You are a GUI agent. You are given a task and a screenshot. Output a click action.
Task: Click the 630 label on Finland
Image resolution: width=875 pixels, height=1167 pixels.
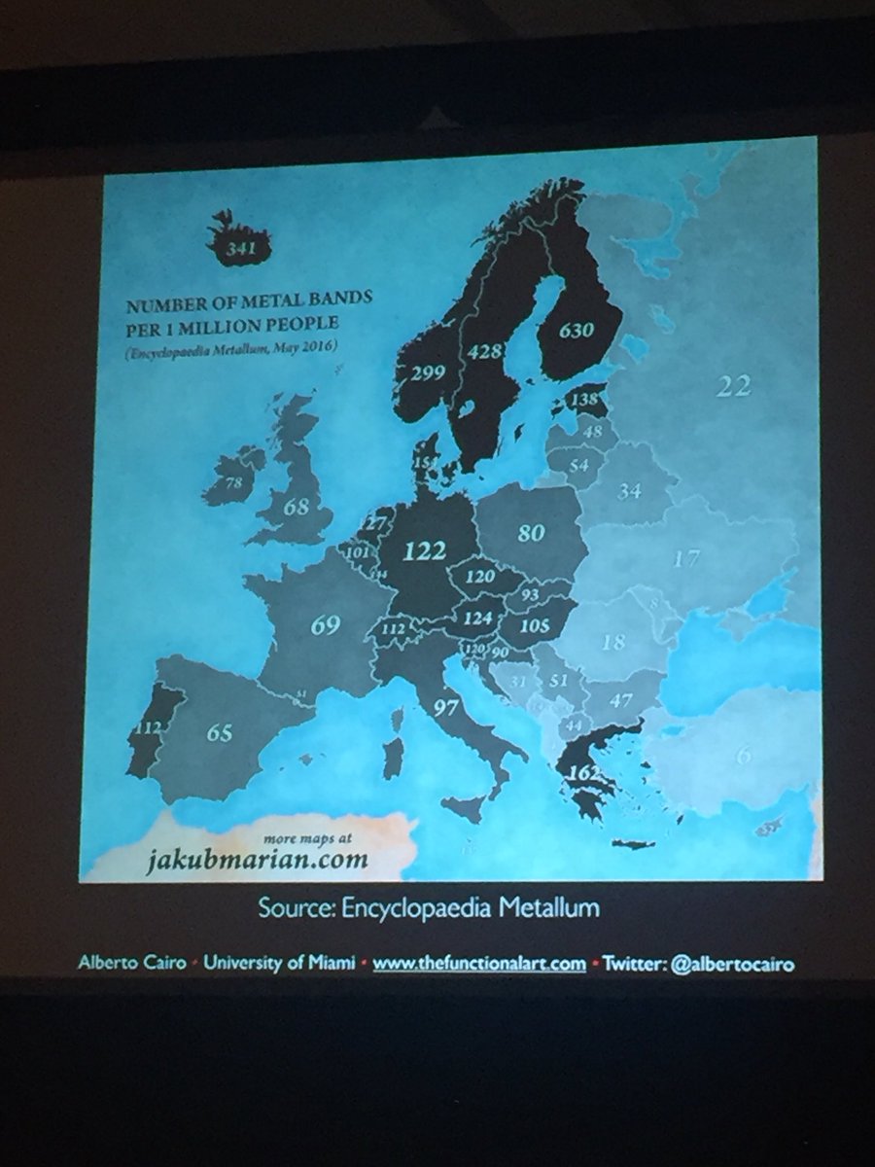(576, 330)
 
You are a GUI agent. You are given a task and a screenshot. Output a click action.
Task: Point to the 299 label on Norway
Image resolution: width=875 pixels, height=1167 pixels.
(427, 371)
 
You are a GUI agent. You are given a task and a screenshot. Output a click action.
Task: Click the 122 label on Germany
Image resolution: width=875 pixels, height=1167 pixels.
(424, 550)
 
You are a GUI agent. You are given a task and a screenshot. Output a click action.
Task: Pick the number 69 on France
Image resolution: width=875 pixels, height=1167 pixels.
(325, 624)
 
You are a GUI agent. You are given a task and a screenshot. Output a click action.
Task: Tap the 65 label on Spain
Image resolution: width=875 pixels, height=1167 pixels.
(219, 733)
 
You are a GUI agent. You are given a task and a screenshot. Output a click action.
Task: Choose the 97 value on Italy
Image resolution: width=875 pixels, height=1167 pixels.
(445, 707)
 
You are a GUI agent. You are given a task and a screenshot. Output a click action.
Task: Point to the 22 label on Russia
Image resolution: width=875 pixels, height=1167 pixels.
(734, 386)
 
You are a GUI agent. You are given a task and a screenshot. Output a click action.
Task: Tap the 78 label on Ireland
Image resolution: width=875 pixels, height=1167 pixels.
(233, 482)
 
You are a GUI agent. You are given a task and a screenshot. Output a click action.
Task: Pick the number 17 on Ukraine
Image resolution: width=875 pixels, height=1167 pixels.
(685, 559)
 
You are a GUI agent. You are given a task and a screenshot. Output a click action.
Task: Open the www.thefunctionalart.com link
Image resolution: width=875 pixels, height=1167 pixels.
(479, 964)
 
